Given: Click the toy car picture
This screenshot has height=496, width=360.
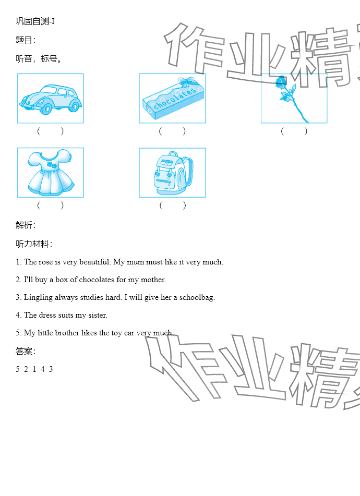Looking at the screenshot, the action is click(51, 99).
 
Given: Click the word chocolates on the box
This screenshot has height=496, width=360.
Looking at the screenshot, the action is click(175, 99).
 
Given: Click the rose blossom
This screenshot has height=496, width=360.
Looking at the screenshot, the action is click(281, 82).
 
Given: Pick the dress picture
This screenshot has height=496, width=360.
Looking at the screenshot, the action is click(51, 173).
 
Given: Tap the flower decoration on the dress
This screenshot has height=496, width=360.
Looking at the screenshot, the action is click(52, 165).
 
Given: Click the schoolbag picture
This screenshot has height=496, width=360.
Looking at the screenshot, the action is click(172, 173).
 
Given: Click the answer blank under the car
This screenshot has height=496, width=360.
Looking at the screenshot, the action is click(51, 131).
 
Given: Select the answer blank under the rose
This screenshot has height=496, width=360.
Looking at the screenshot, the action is click(294, 131).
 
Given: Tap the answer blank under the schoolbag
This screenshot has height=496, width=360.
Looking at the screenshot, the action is click(172, 205).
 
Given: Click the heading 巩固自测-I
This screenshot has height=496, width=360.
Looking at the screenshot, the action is click(35, 21).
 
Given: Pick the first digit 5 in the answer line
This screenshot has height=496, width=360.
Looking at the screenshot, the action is click(18, 369).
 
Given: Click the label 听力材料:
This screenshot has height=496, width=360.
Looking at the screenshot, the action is click(34, 244).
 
